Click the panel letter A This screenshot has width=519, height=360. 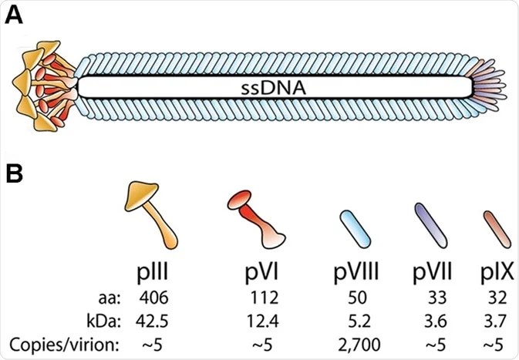[15, 16]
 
